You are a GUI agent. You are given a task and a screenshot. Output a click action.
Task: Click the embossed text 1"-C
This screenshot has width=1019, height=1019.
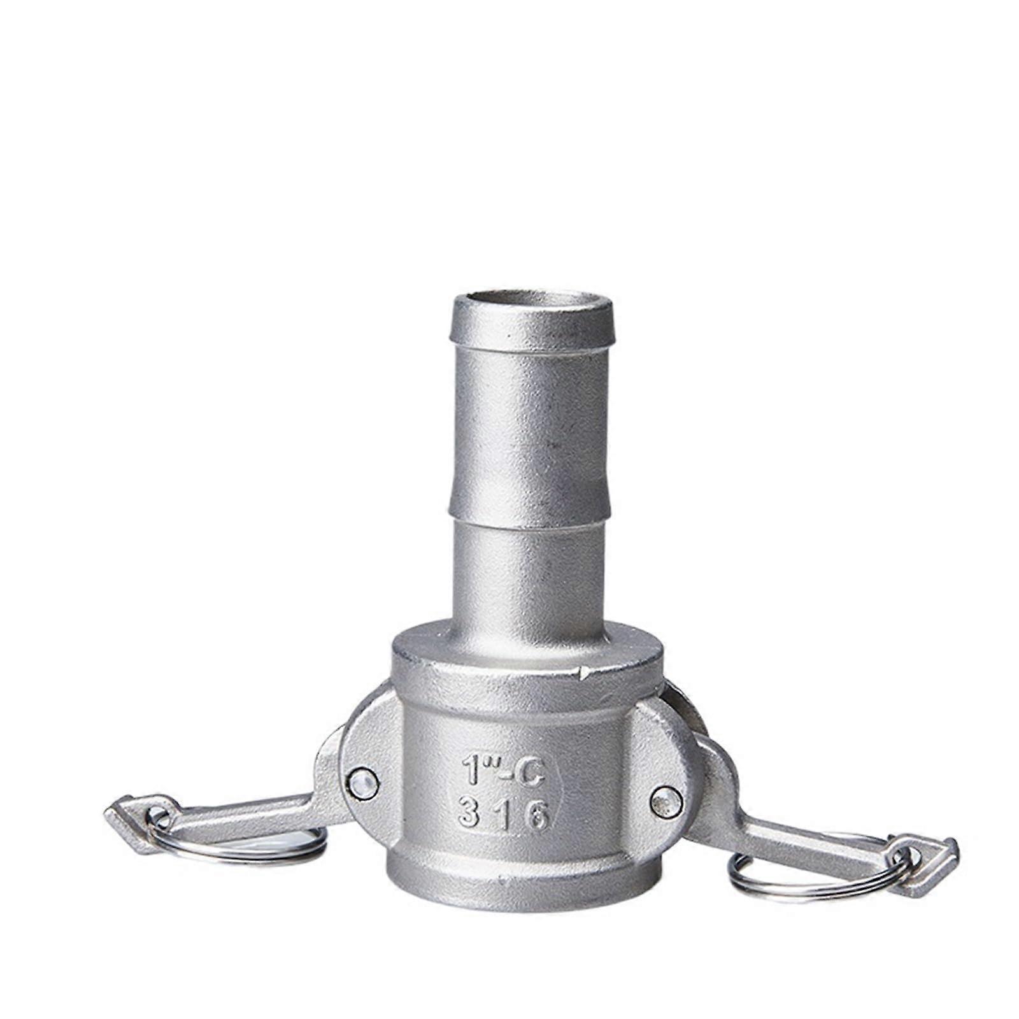pyautogui.click(x=502, y=773)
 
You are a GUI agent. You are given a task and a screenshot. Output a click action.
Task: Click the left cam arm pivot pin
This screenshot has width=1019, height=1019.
pyautogui.click(x=362, y=782)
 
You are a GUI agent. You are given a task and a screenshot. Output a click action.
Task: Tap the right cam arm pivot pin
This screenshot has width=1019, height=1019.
pyautogui.click(x=666, y=801)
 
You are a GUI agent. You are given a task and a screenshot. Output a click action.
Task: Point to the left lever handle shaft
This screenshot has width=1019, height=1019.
pyautogui.click(x=255, y=815)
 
